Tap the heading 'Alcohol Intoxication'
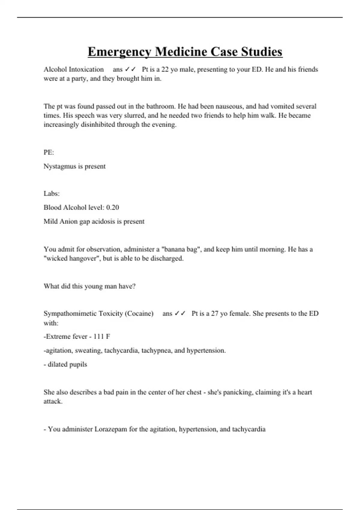[73, 69]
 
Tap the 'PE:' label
[49, 152]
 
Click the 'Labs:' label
[51, 193]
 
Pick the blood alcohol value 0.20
[112, 207]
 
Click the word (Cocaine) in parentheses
[139, 313]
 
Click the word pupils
[78, 364]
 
